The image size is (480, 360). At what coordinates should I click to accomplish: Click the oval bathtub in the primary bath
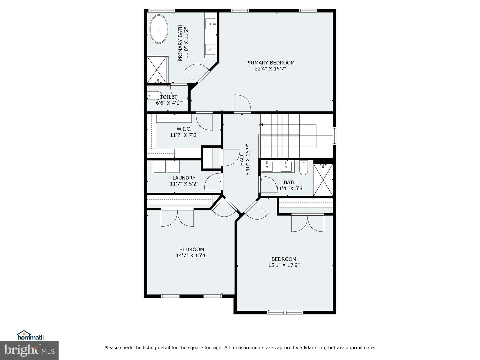click(159, 29)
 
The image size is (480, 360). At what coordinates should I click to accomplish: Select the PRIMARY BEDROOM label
click(270, 63)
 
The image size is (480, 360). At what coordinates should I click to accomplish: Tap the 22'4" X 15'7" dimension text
click(270, 69)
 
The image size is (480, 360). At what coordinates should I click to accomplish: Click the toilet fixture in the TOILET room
click(154, 95)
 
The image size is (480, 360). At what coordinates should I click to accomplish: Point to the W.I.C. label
click(184, 129)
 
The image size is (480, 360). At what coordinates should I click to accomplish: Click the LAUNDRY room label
click(184, 178)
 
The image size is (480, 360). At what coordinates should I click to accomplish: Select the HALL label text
click(242, 160)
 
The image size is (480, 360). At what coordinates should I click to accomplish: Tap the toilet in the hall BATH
click(303, 168)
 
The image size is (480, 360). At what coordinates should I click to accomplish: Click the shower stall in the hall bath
click(323, 180)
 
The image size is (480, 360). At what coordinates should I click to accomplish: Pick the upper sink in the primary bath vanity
click(211, 23)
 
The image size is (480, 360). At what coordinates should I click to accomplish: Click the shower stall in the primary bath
click(157, 70)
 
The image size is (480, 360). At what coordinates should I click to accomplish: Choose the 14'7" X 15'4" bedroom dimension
click(192, 256)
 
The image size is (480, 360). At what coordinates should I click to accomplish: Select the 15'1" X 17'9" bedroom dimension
click(284, 265)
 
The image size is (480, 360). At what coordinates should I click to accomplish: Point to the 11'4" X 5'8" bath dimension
click(290, 188)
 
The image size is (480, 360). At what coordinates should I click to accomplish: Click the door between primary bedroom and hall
click(242, 104)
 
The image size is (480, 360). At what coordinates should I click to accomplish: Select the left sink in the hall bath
click(267, 166)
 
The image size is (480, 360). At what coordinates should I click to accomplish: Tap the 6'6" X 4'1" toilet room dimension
click(168, 103)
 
